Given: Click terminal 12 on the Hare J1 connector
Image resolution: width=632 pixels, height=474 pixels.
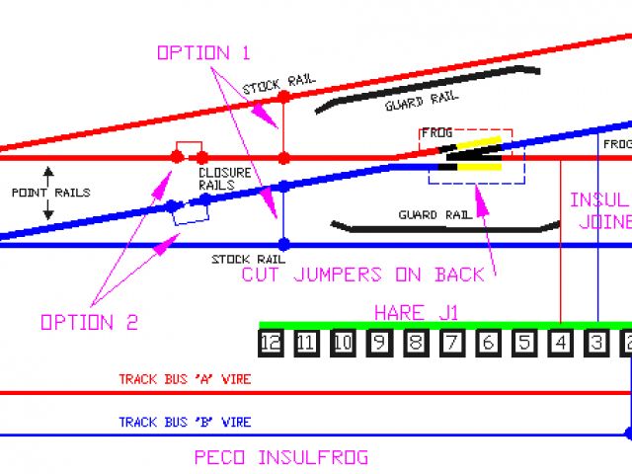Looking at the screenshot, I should point(271,344).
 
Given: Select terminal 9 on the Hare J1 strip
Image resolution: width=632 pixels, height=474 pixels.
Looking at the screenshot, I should point(379,344).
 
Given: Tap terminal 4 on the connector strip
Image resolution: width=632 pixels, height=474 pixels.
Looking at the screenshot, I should point(561,344).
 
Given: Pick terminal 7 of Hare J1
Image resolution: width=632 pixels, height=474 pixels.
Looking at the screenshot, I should point(451,344).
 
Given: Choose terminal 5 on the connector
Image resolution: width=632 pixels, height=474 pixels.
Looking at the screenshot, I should point(524,344).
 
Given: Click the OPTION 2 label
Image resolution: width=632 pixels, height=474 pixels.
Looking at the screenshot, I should point(89,322).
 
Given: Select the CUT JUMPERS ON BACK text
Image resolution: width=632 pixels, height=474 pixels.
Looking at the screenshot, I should point(362,275).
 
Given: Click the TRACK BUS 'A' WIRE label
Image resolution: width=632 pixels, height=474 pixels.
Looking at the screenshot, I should point(185,379).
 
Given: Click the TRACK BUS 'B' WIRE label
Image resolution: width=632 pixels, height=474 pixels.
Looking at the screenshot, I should point(185,423).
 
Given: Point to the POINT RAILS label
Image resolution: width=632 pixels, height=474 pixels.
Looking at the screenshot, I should point(49,193).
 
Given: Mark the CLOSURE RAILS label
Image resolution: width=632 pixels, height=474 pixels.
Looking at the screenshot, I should point(216,179).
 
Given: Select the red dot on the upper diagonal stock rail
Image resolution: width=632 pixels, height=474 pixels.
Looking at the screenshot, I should point(283,97).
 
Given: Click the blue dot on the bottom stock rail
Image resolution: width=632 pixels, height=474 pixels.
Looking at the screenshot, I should point(283,244).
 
